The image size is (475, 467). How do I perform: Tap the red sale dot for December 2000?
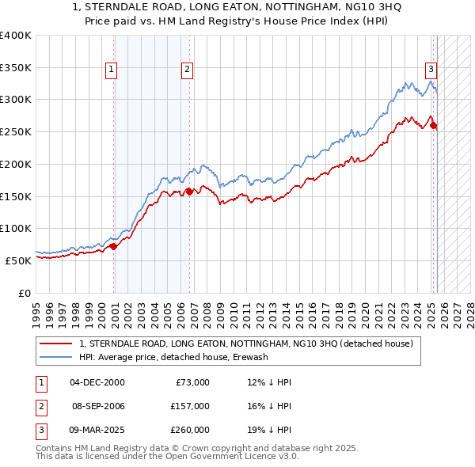113,246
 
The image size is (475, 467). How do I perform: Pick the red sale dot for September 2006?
190,191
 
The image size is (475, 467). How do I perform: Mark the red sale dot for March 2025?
433,125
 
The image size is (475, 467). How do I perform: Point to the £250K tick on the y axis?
15,131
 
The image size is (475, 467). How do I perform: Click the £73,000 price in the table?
192,382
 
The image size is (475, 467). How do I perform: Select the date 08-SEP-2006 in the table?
98,406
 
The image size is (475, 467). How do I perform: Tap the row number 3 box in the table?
39,430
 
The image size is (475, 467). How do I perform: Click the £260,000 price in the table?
190,430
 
